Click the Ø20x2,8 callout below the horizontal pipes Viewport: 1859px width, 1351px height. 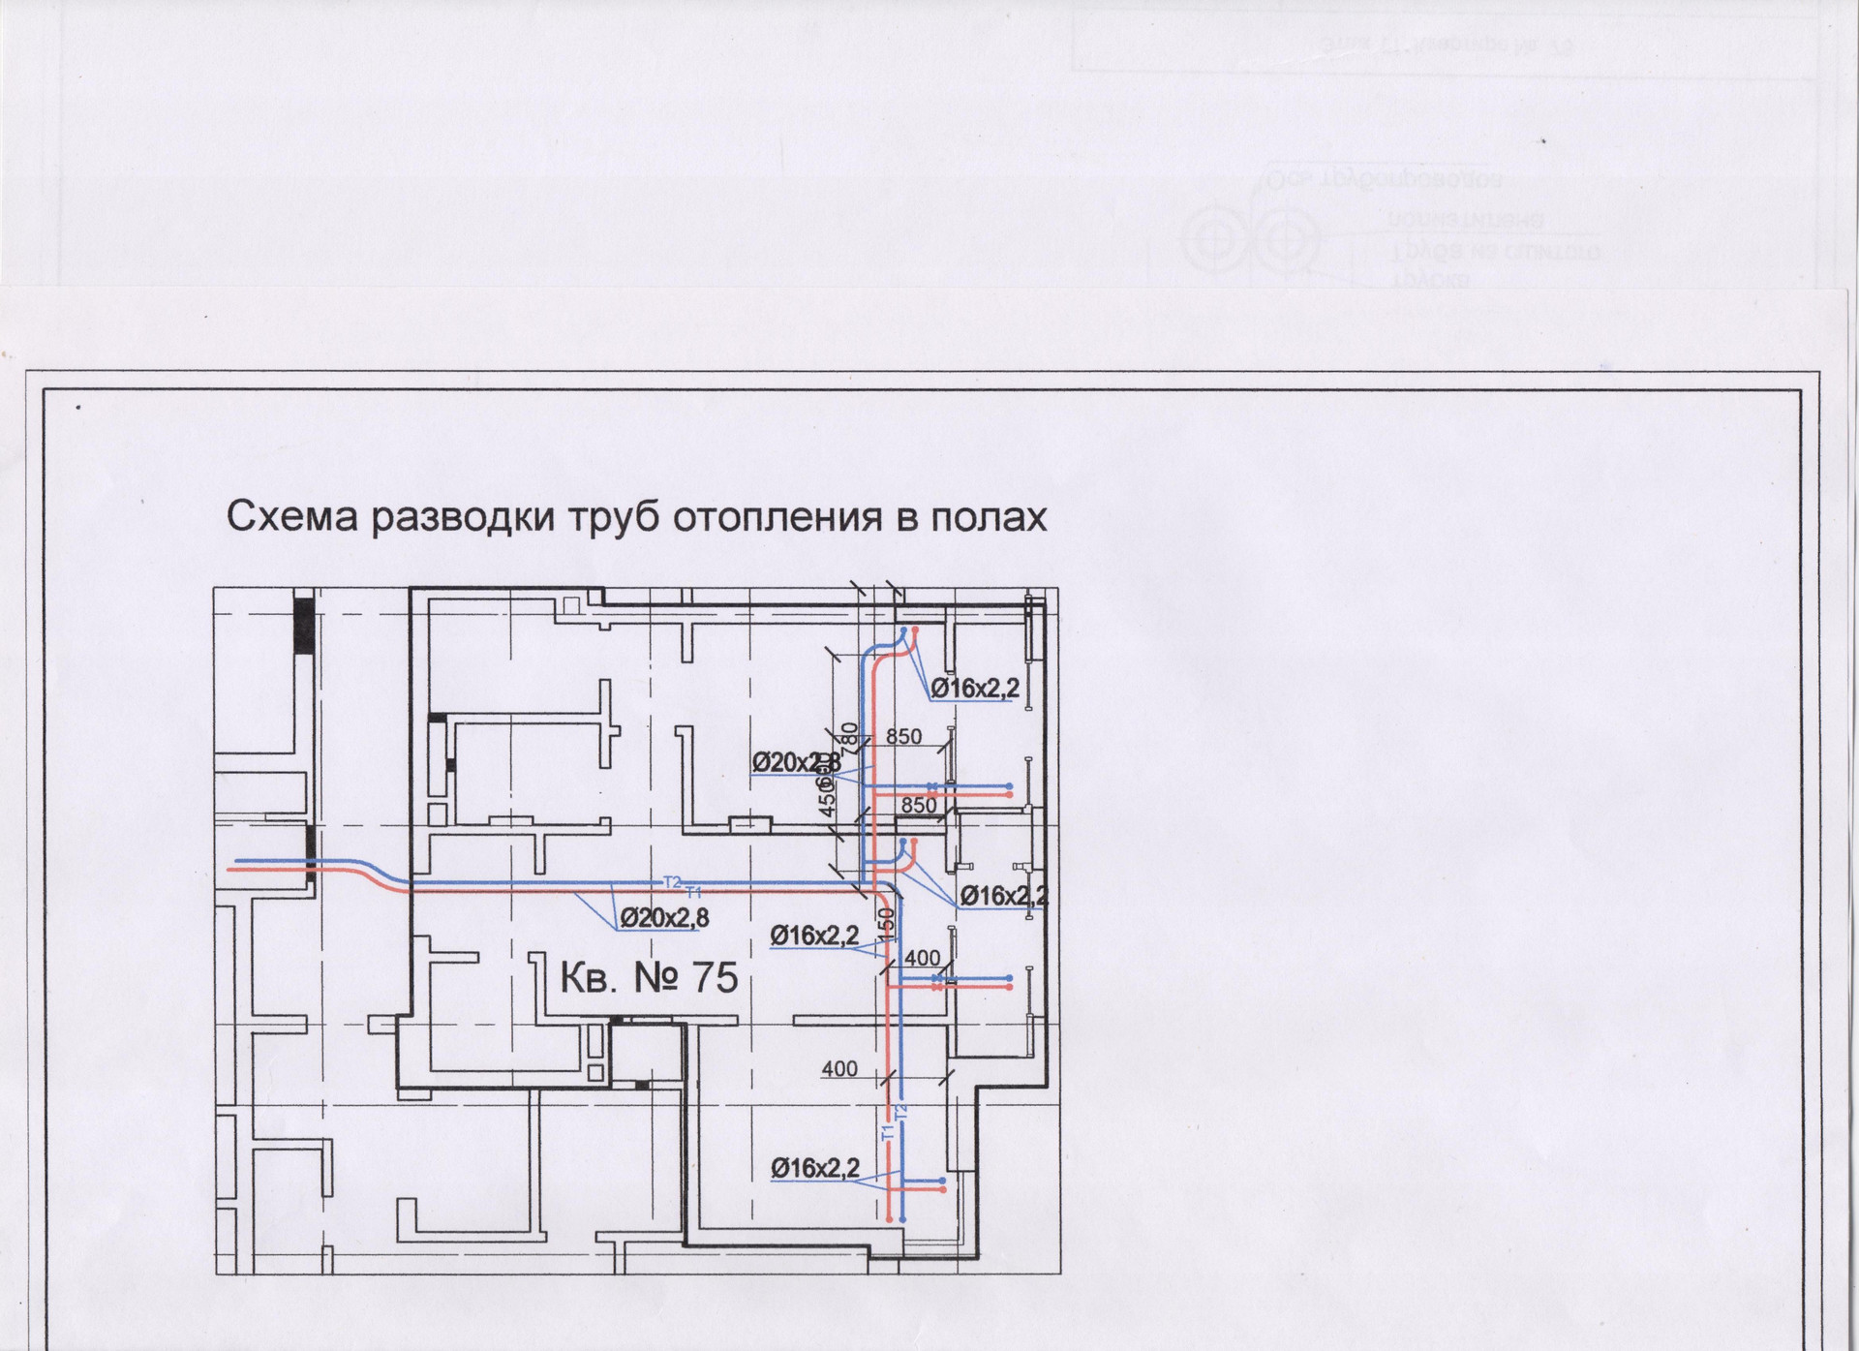(x=664, y=917)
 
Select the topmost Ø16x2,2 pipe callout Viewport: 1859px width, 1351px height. (x=975, y=689)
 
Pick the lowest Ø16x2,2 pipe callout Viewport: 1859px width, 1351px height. (x=815, y=1168)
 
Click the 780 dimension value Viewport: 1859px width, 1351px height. (x=850, y=739)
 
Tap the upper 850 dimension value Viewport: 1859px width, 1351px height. (x=903, y=736)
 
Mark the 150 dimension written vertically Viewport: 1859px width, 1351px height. (x=887, y=924)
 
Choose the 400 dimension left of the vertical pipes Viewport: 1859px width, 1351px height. (x=838, y=1069)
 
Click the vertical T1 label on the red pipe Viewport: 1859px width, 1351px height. (x=886, y=1131)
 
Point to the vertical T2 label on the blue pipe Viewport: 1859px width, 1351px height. (x=902, y=1113)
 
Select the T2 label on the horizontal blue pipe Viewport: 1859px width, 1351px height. (x=672, y=880)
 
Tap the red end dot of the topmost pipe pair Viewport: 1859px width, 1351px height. (x=915, y=630)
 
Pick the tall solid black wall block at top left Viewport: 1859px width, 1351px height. (x=304, y=625)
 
